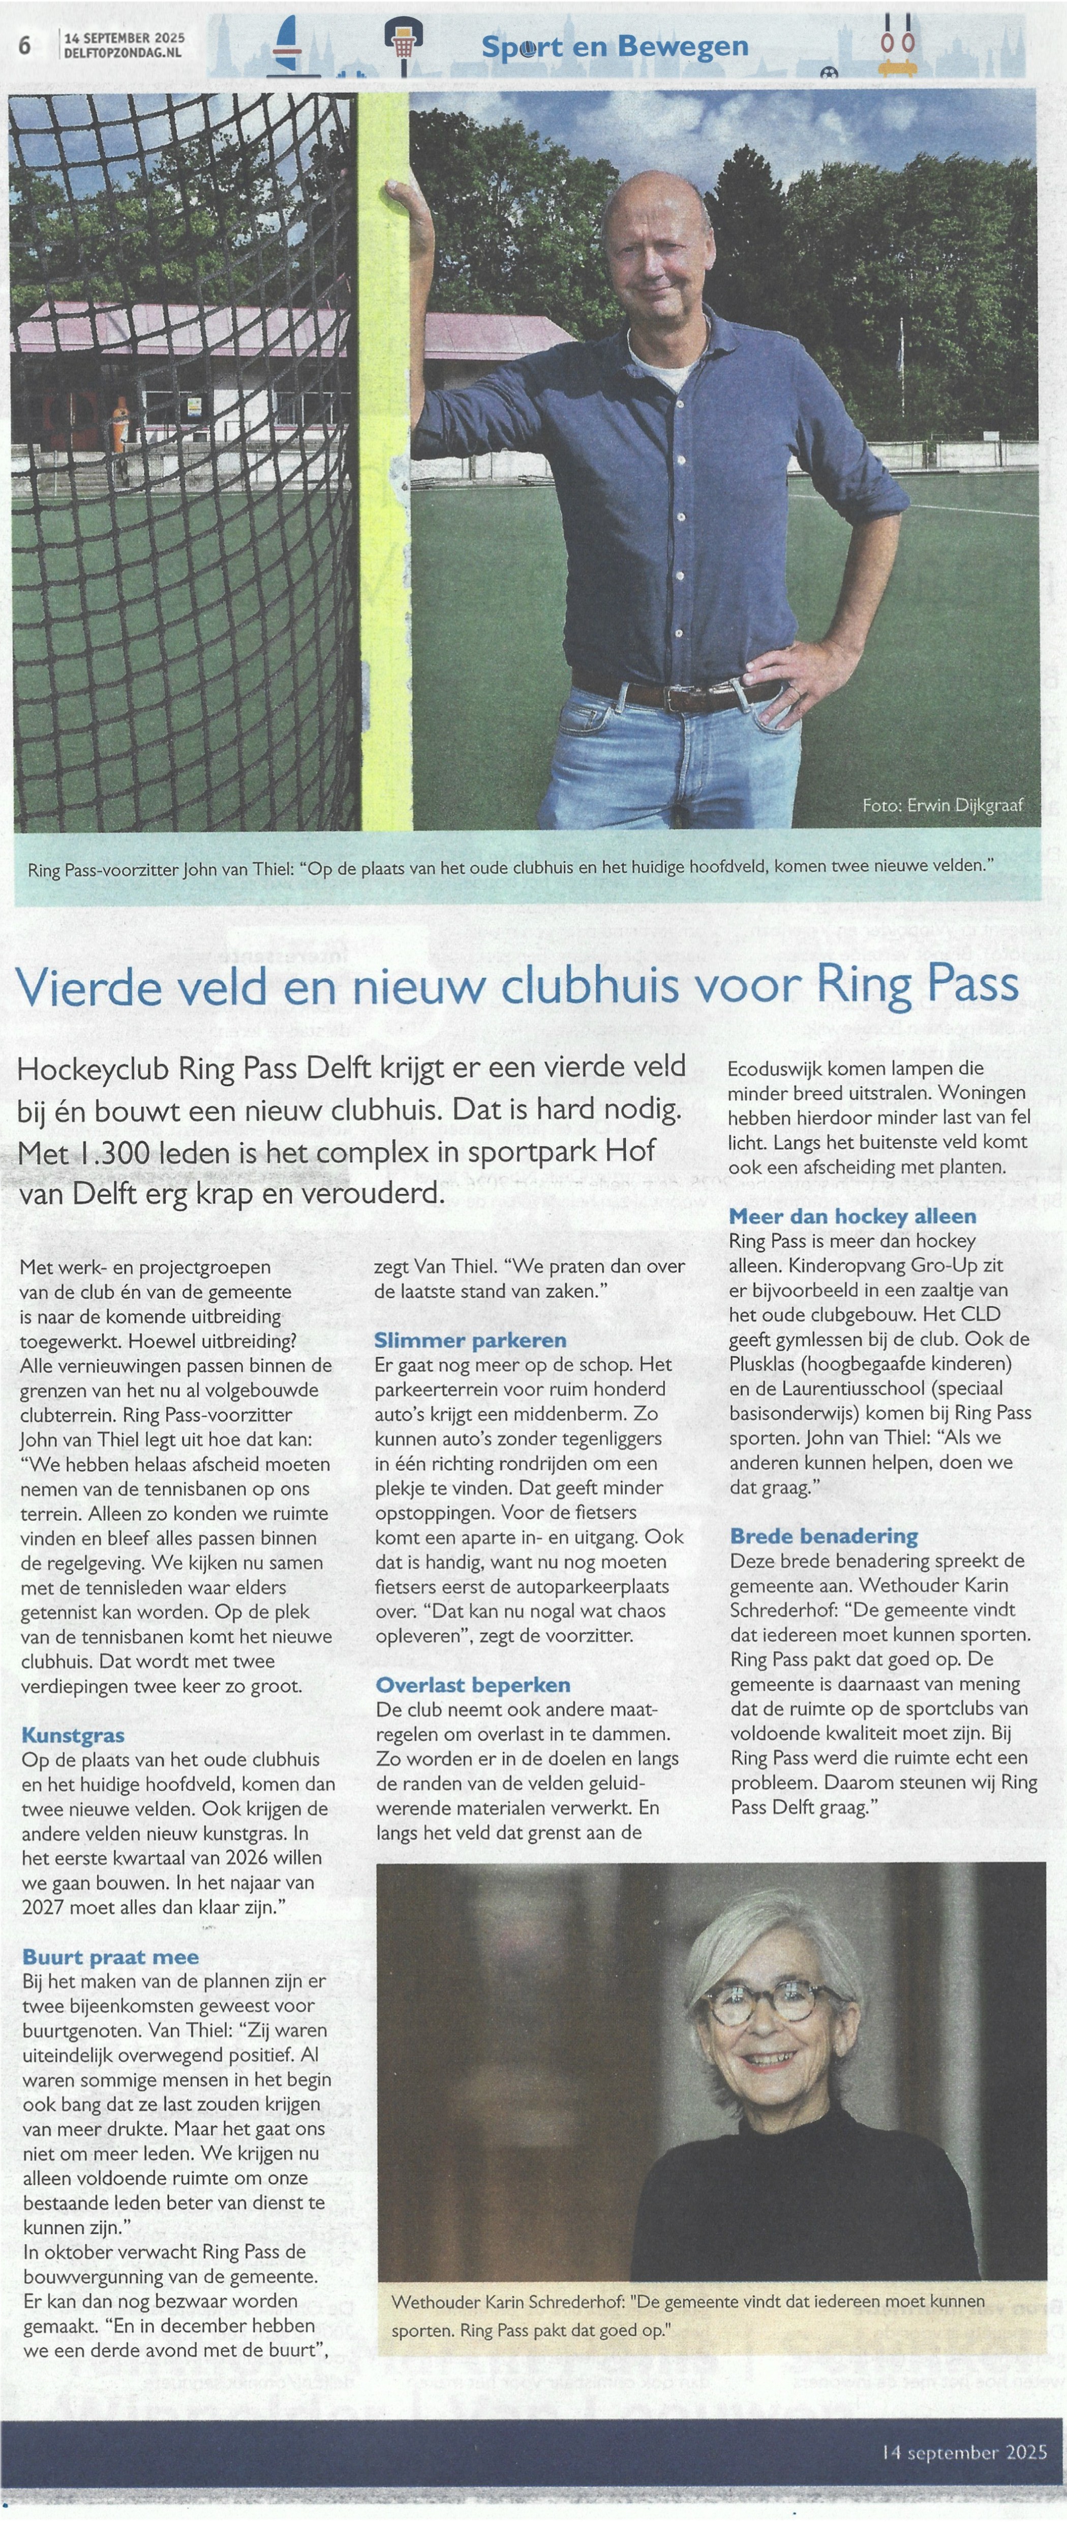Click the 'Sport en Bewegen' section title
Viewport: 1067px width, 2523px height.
click(x=615, y=46)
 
